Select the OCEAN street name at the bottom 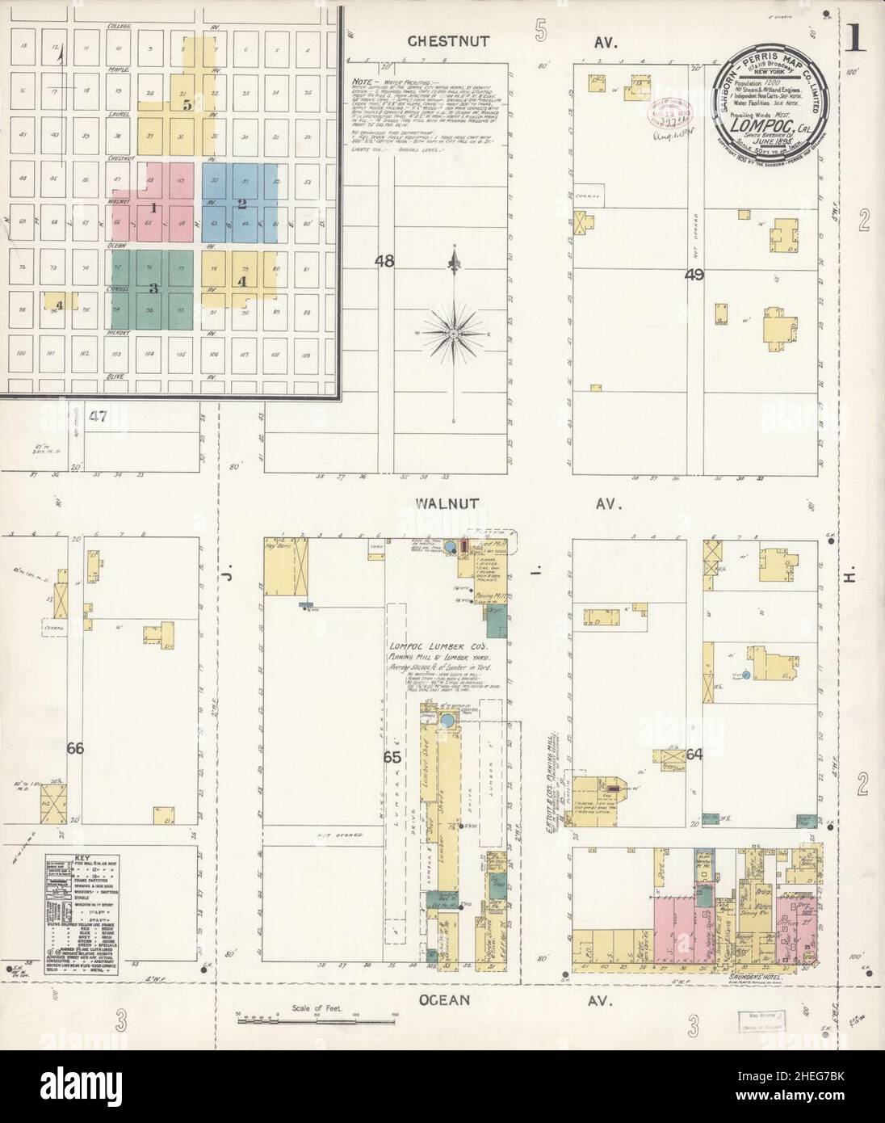point(447,1000)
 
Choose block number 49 point(694,275)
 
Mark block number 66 point(75,749)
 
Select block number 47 point(99,417)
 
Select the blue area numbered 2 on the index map point(241,204)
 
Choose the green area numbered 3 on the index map point(153,287)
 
